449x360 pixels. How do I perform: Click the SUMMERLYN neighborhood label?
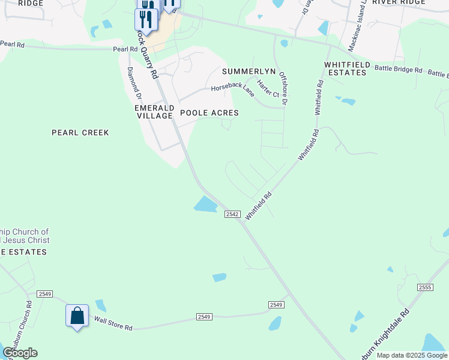click(x=249, y=71)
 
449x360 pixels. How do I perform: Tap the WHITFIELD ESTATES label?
click(x=345, y=68)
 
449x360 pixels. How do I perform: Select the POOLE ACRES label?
click(x=209, y=113)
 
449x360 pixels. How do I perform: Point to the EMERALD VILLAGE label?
click(x=154, y=111)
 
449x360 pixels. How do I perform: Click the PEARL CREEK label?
click(x=80, y=133)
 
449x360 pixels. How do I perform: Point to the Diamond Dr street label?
click(x=134, y=83)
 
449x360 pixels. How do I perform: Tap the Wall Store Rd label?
click(x=112, y=325)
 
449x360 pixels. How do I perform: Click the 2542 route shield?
click(x=233, y=214)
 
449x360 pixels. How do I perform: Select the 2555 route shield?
click(x=425, y=288)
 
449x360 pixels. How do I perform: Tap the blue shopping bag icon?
click(x=77, y=314)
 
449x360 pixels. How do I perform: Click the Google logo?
click(x=20, y=352)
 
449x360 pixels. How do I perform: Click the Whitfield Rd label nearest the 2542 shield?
click(x=259, y=205)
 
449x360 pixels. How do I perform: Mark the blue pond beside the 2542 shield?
click(x=205, y=205)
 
